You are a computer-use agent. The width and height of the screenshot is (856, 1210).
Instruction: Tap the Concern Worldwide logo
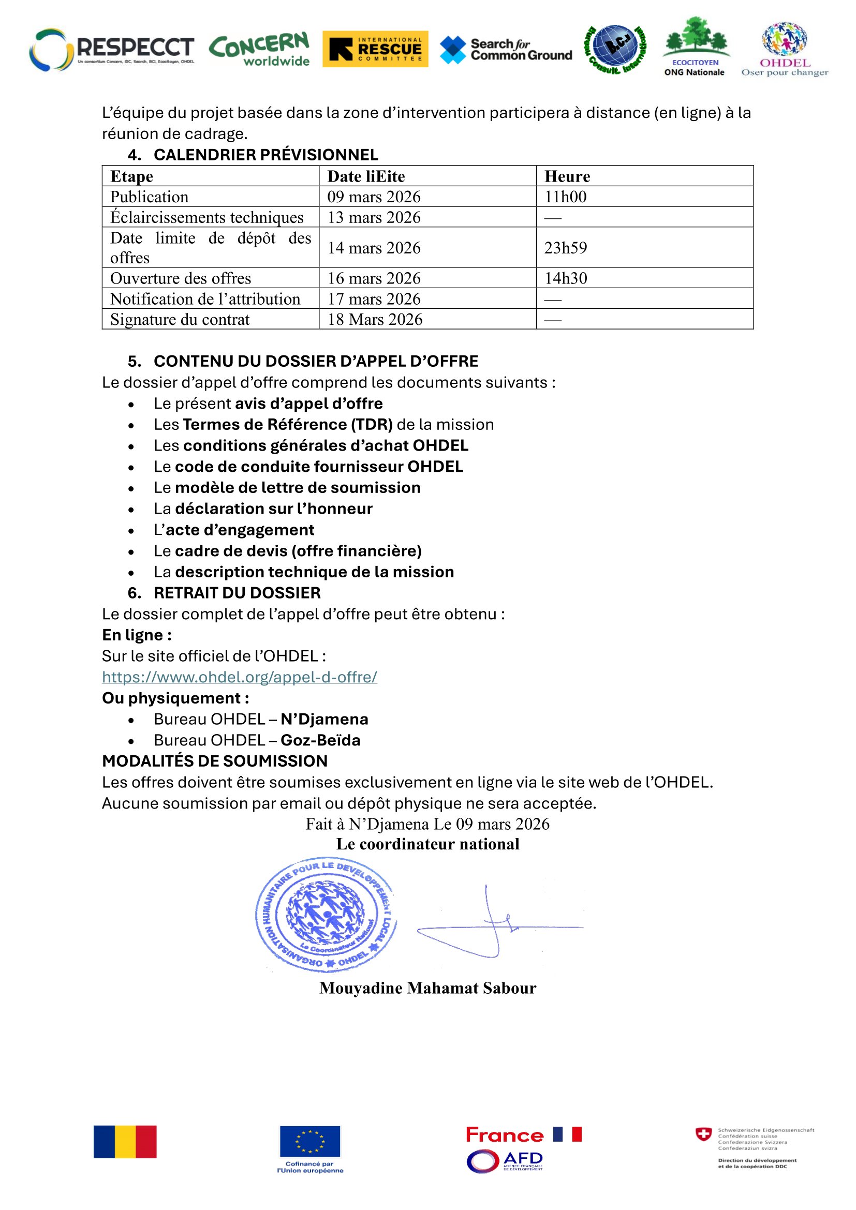point(259,50)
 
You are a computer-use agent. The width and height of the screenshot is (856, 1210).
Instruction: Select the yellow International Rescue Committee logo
point(375,49)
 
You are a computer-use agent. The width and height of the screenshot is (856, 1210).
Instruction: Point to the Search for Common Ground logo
point(506,50)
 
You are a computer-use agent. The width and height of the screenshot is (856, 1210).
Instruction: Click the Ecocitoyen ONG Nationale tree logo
point(695,47)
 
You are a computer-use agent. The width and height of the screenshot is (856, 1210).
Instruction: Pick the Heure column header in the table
point(567,176)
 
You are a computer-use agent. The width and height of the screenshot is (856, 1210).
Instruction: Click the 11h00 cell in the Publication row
point(565,197)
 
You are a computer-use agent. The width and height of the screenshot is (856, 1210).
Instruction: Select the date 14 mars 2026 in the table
point(374,248)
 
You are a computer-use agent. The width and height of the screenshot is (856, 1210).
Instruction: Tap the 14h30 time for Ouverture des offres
point(566,278)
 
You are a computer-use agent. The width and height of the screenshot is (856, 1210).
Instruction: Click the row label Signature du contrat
point(180,319)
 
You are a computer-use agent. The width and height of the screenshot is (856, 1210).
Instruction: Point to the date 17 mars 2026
point(374,299)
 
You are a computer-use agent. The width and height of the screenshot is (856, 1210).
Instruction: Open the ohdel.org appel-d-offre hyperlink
point(239,677)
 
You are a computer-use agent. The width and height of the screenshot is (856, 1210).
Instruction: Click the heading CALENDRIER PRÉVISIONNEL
point(265,155)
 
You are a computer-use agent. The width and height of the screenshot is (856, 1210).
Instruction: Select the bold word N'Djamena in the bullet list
point(324,720)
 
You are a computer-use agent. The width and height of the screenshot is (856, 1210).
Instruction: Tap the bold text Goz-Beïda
point(320,740)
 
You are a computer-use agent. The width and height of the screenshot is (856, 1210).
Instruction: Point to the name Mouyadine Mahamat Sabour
point(427,988)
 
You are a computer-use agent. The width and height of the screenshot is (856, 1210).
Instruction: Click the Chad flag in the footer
point(125,1142)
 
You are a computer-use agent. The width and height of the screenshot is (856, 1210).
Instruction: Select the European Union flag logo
point(310,1141)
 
